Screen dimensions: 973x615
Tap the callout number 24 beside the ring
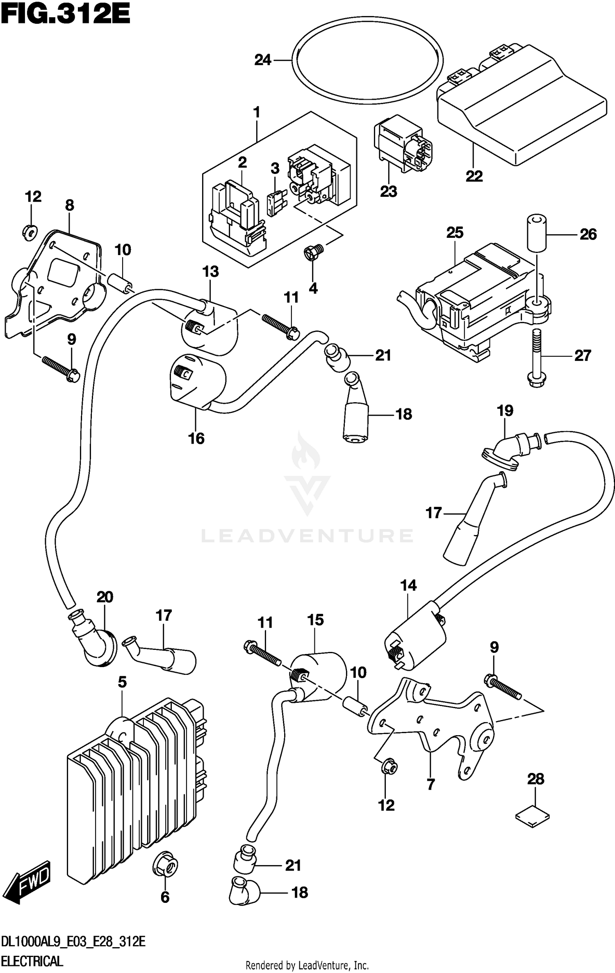tap(263, 60)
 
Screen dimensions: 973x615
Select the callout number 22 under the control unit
tap(474, 176)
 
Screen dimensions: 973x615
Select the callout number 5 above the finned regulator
tap(122, 682)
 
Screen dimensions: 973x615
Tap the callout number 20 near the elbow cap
tap(105, 597)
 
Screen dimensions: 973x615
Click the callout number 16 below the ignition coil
tap(196, 438)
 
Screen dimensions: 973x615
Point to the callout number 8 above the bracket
tap(69, 205)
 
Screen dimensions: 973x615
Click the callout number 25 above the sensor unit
tap(455, 232)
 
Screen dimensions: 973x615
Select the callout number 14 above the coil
tap(408, 586)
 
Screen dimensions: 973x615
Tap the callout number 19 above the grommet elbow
tap(505, 410)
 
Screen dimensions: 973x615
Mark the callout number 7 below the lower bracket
tap(430, 785)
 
